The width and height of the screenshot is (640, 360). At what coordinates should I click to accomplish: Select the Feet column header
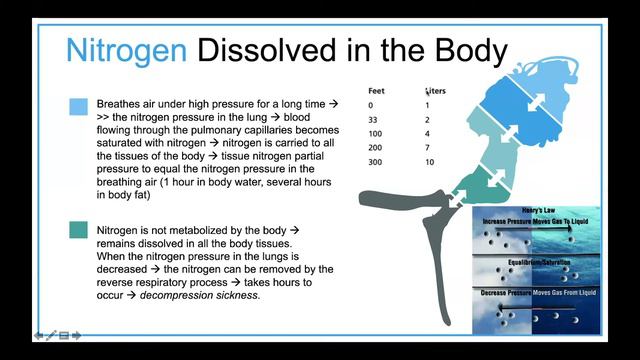[x=376, y=91]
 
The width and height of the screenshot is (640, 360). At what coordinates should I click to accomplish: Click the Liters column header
[x=435, y=91]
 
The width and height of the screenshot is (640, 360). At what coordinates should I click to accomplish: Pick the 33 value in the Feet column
[x=373, y=119]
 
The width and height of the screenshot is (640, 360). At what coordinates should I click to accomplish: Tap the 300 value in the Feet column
[x=376, y=162]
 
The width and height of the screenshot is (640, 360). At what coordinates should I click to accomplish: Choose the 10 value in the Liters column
[x=429, y=162]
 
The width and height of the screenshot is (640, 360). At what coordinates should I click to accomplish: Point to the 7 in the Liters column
[x=427, y=148]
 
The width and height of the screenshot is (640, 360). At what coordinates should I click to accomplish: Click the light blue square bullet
[x=79, y=106]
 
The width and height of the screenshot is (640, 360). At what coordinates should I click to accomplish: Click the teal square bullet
[x=79, y=230]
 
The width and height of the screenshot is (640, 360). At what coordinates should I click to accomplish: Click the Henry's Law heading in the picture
[x=545, y=211]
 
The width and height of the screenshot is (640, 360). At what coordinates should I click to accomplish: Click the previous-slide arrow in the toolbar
[x=39, y=336]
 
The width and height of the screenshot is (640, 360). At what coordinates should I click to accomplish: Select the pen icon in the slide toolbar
[x=51, y=336]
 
